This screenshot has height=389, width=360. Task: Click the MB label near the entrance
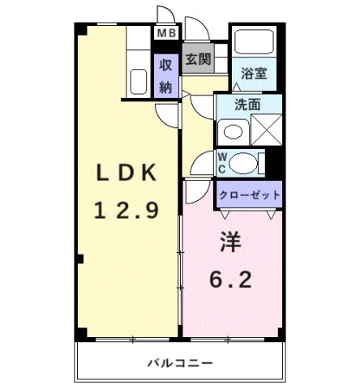tap(166, 33)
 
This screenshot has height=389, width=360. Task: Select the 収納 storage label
tap(166, 75)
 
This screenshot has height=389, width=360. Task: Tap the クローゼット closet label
tap(250, 194)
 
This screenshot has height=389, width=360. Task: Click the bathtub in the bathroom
tap(254, 42)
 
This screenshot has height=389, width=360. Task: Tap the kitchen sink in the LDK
tap(135, 82)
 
